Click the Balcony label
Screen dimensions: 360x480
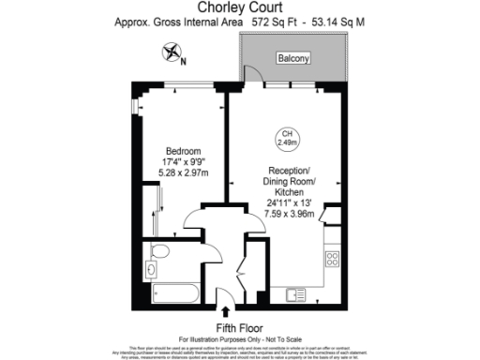[292, 59]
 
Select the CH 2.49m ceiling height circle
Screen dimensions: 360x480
[288, 139]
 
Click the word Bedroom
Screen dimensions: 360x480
[183, 152]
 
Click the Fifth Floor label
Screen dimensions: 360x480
[239, 327]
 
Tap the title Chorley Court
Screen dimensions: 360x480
[240, 8]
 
